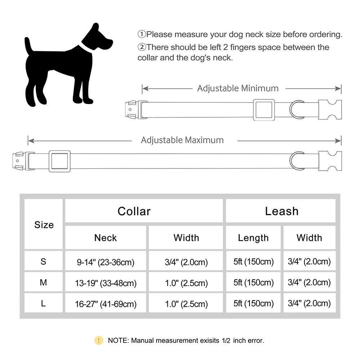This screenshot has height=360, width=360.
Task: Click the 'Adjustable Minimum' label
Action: [x=238, y=88]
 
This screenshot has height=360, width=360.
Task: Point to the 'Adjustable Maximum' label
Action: [x=182, y=140]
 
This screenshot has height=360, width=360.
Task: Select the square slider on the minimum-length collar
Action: [x=264, y=109]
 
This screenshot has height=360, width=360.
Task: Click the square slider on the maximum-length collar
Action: [x=59, y=161]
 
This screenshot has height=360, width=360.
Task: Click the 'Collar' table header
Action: [x=134, y=211]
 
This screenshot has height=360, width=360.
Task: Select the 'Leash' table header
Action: [x=282, y=211]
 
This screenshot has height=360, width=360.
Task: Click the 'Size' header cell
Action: [x=44, y=225]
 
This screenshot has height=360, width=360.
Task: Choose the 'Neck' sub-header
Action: [x=105, y=238]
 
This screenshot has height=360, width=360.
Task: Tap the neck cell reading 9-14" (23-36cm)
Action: [x=105, y=262]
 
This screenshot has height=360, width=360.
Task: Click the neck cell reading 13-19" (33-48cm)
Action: [x=105, y=283]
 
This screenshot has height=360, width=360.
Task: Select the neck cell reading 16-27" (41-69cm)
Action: [x=105, y=304]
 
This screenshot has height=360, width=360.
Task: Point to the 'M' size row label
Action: [x=44, y=283]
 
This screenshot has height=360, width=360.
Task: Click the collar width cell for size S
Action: [x=186, y=262]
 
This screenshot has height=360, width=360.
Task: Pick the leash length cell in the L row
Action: [x=253, y=303]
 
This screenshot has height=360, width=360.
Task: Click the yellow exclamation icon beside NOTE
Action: [x=99, y=340]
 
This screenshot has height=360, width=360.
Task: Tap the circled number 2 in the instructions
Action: [x=141, y=47]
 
